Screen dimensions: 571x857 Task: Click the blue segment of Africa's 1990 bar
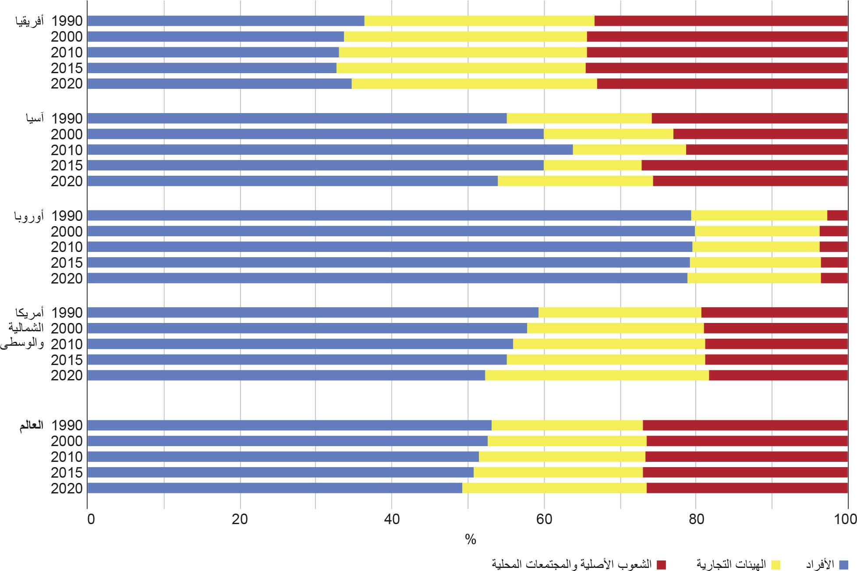click(x=226, y=21)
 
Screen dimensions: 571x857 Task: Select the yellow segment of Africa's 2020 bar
click(x=474, y=84)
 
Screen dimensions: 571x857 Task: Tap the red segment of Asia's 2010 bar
click(x=766, y=150)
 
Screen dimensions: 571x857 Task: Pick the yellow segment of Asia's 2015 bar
click(x=592, y=165)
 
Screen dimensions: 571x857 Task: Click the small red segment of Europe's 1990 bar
click(x=837, y=216)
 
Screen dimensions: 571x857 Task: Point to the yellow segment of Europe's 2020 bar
click(x=754, y=278)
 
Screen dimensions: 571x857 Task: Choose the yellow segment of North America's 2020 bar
click(x=597, y=376)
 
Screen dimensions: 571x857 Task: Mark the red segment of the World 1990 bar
click(x=745, y=426)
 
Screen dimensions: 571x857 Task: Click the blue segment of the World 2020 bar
click(x=275, y=488)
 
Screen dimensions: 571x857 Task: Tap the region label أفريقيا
click(x=29, y=21)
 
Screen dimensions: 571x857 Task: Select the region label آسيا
click(x=35, y=118)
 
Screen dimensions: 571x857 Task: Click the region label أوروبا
click(x=29, y=216)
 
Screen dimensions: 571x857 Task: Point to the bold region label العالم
click(x=31, y=426)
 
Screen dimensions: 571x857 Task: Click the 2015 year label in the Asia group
click(x=67, y=166)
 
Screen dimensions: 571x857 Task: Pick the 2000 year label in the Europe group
click(x=67, y=232)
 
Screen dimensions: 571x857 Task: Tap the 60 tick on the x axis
click(x=544, y=519)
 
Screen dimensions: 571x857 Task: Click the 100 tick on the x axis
click(x=845, y=519)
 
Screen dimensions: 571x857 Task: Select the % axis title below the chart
click(x=471, y=539)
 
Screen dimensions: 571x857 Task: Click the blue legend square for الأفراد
click(x=843, y=564)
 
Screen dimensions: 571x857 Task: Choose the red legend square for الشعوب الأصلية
click(x=661, y=564)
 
